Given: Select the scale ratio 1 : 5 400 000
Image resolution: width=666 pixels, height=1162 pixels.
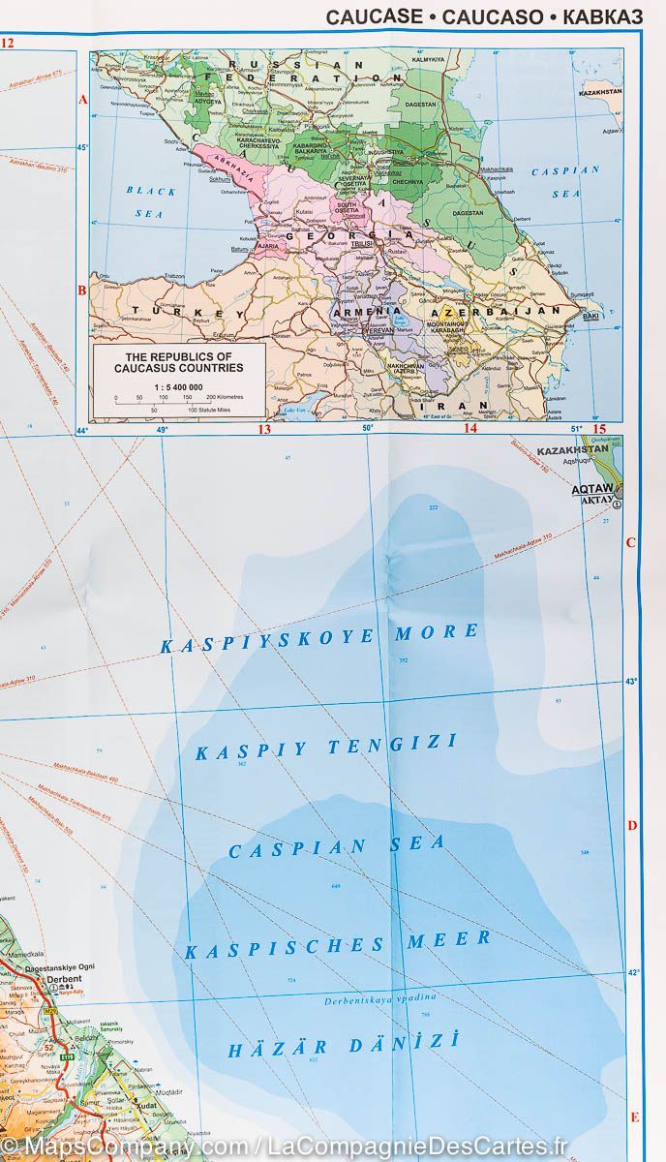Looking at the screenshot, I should click(x=179, y=385).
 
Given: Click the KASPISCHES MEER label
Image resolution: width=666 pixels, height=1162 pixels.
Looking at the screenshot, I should click(x=338, y=944).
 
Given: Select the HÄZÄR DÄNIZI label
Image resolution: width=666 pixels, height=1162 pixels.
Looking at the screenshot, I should click(x=343, y=1046).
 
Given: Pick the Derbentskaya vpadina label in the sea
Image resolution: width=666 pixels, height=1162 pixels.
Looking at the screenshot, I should click(x=380, y=998).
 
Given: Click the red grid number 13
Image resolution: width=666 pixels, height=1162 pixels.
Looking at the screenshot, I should click(x=262, y=428).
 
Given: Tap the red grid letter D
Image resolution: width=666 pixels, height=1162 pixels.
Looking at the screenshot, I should click(x=632, y=826).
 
